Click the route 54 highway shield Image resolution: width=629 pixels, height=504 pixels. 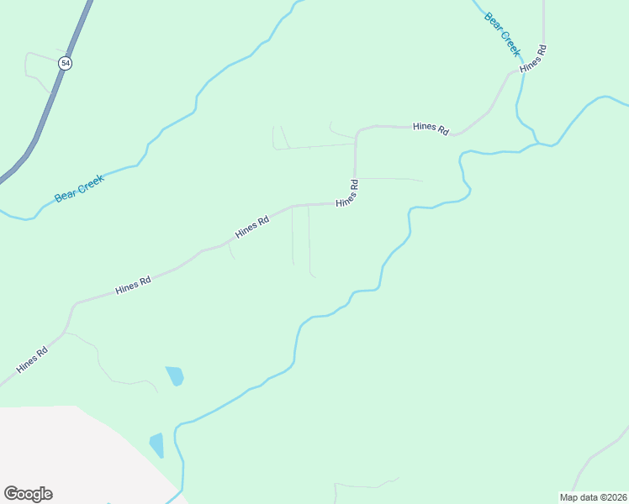pyautogui.click(x=66, y=64)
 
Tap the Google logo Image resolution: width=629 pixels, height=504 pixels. pyautogui.click(x=28, y=494)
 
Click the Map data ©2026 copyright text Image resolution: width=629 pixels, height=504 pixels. pyautogui.click(x=592, y=497)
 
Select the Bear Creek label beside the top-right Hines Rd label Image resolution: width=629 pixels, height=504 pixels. pyautogui.click(x=502, y=34)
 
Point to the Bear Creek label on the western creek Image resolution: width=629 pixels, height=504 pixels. pyautogui.click(x=79, y=188)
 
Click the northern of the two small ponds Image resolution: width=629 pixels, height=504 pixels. pyautogui.click(x=175, y=375)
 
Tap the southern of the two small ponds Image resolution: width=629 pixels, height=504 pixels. pyautogui.click(x=156, y=444)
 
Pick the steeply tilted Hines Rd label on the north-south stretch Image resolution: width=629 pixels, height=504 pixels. pyautogui.click(x=348, y=194)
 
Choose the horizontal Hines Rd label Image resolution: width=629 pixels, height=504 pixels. pyautogui.click(x=431, y=127)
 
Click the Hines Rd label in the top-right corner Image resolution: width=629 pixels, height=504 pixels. pyautogui.click(x=534, y=58)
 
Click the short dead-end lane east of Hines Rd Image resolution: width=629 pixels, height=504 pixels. pyautogui.click(x=391, y=179)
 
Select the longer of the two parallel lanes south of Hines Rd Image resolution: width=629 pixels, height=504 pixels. pyautogui.click(x=309, y=244)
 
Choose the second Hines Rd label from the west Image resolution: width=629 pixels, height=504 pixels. pyautogui.click(x=133, y=285)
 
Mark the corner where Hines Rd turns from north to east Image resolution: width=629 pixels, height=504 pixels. pyautogui.click(x=358, y=132)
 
